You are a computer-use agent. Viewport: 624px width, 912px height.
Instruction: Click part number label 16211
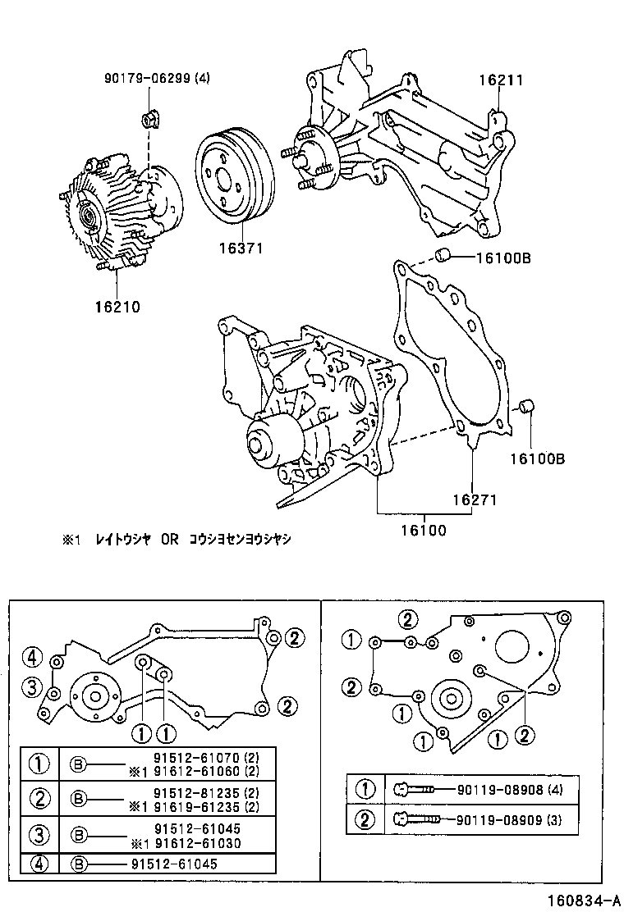pyautogui.click(x=501, y=80)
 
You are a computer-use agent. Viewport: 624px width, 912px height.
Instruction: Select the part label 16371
pyautogui.click(x=241, y=247)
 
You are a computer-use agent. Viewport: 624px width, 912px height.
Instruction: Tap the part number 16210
pyautogui.click(x=117, y=308)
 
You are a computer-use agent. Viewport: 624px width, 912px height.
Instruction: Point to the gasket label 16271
pyautogui.click(x=473, y=499)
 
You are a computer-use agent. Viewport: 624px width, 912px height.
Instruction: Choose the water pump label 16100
pyautogui.click(x=424, y=530)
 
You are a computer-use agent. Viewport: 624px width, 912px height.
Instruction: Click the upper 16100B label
pyautogui.click(x=503, y=258)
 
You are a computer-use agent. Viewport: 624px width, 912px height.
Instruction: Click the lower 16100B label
pyautogui.click(x=536, y=458)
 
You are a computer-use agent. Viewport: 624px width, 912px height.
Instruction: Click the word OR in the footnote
pyautogui.click(x=169, y=540)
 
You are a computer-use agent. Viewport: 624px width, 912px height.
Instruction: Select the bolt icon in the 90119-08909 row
pyautogui.click(x=418, y=819)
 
